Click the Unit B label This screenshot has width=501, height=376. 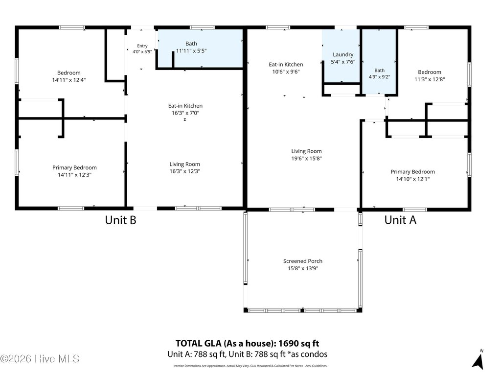pos(120,220)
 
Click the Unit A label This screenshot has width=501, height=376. pos(400,220)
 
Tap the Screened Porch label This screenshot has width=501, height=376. pos(302,261)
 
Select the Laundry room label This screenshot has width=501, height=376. pos(343,55)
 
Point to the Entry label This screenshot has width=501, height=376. pos(142,46)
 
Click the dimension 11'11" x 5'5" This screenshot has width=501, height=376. pos(191,51)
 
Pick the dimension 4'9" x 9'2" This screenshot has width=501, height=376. pos(379,77)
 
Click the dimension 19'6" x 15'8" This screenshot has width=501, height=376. pos(306,158)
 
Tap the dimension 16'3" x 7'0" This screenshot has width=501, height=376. pos(185,113)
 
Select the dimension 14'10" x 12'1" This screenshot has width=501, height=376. pos(412,179)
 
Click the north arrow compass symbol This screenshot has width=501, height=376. pos(478,360)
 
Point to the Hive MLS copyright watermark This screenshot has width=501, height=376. pos(40,359)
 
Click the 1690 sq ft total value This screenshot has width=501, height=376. pos(298,343)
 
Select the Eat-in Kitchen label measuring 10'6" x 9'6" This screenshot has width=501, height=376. pos(286,65)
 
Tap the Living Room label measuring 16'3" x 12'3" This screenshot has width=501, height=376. pos(184,164)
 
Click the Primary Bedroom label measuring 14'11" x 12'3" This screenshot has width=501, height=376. pos(74,168)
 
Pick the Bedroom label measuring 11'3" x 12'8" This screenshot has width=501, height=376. pos(430,72)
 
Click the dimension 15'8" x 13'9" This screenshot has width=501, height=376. pos(302,269)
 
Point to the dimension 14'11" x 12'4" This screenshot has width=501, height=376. pos(68,80)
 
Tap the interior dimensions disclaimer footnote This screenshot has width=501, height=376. pos(250,366)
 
